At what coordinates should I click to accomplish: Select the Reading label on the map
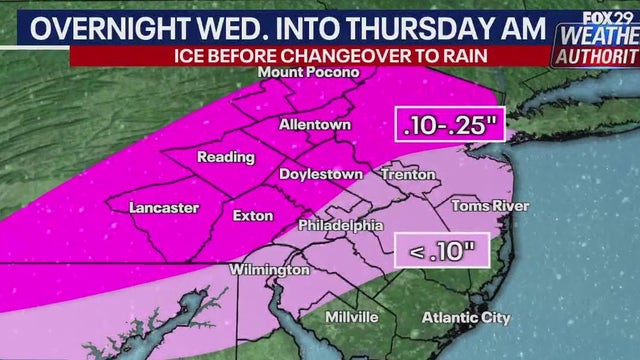pos(218,158)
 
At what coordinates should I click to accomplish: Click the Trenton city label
pos(408,174)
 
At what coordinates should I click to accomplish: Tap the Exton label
pos(252,215)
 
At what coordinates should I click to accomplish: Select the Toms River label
pos(490,206)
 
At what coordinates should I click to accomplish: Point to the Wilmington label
pos(268,271)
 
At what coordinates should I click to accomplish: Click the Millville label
pos(352,317)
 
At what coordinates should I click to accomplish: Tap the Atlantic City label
pos(466,318)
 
